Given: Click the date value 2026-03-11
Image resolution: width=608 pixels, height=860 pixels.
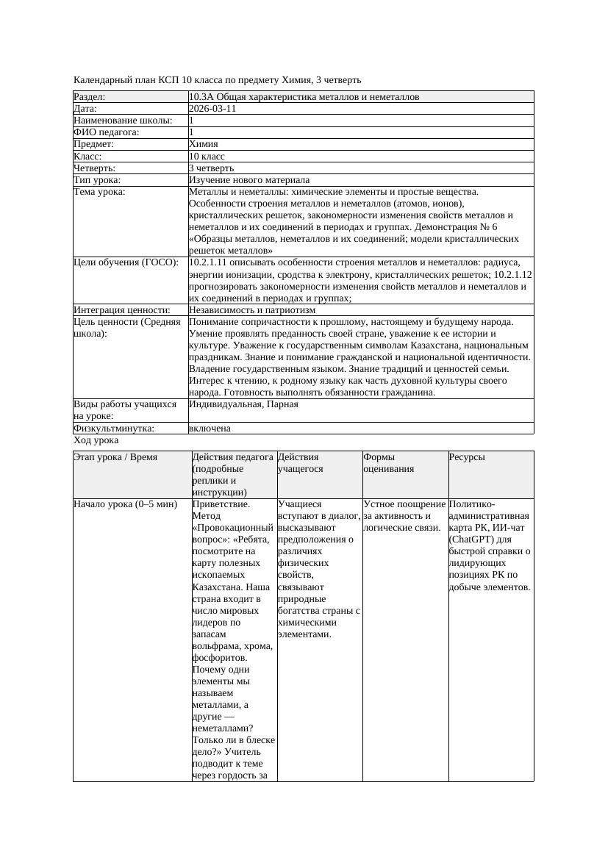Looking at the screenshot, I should (x=212, y=108).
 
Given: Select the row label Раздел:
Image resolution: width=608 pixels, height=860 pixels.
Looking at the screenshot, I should (x=90, y=96).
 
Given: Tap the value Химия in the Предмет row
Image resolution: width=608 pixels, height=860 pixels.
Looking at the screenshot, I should (x=204, y=144).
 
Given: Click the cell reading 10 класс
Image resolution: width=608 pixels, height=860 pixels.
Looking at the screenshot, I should (x=207, y=156).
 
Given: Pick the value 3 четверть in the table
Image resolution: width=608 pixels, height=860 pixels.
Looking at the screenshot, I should (x=211, y=168).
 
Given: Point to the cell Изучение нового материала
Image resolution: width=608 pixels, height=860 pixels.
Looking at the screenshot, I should (x=249, y=179).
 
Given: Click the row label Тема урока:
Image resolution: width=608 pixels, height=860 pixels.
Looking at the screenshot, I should (x=100, y=192).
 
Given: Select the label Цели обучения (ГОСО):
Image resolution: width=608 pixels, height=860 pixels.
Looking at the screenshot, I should (x=126, y=262).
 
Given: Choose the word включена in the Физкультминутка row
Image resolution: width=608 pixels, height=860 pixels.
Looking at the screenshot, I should (x=210, y=428).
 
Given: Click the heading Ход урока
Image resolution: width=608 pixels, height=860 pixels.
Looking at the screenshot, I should (x=96, y=440).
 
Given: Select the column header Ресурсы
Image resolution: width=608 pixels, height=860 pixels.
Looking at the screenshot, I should (x=467, y=457).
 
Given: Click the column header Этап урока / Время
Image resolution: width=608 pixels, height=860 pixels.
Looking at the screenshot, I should (x=115, y=457).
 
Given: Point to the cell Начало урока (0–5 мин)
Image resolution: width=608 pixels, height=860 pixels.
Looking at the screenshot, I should (x=126, y=504).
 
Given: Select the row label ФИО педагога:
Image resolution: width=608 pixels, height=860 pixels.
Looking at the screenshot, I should (x=107, y=132).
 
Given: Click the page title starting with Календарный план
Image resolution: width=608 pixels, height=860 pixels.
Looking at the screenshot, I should (x=218, y=79).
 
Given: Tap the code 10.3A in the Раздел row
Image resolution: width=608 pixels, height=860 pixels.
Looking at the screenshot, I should (x=201, y=96).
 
